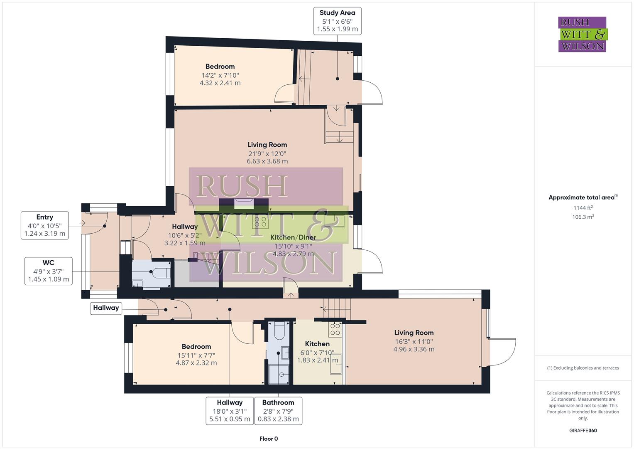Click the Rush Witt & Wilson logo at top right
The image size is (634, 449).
pyautogui.click(x=582, y=34)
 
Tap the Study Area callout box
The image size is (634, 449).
pyautogui.click(x=337, y=21)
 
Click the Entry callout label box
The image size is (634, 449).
pyautogui.click(x=45, y=225)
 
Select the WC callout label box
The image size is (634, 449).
pyautogui.click(x=48, y=271)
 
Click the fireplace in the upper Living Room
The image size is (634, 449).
pyautogui.click(x=242, y=203)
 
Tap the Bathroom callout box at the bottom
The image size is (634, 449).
pyautogui.click(x=278, y=411)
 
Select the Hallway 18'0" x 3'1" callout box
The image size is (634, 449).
pyautogui.click(x=230, y=411)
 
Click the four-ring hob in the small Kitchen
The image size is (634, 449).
pyautogui.click(x=335, y=329)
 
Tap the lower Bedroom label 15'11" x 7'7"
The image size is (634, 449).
pyautogui.click(x=196, y=355)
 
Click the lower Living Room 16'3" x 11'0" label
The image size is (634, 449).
pyautogui.click(x=414, y=341)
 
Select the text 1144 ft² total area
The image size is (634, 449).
pyautogui.click(x=583, y=208)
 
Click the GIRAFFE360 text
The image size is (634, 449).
pyautogui.click(x=583, y=430)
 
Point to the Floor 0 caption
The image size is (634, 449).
pyautogui.click(x=269, y=439)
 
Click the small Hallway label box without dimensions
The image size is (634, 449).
pyautogui.click(x=106, y=308)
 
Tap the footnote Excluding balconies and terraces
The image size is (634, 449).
pyautogui.click(x=583, y=368)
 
